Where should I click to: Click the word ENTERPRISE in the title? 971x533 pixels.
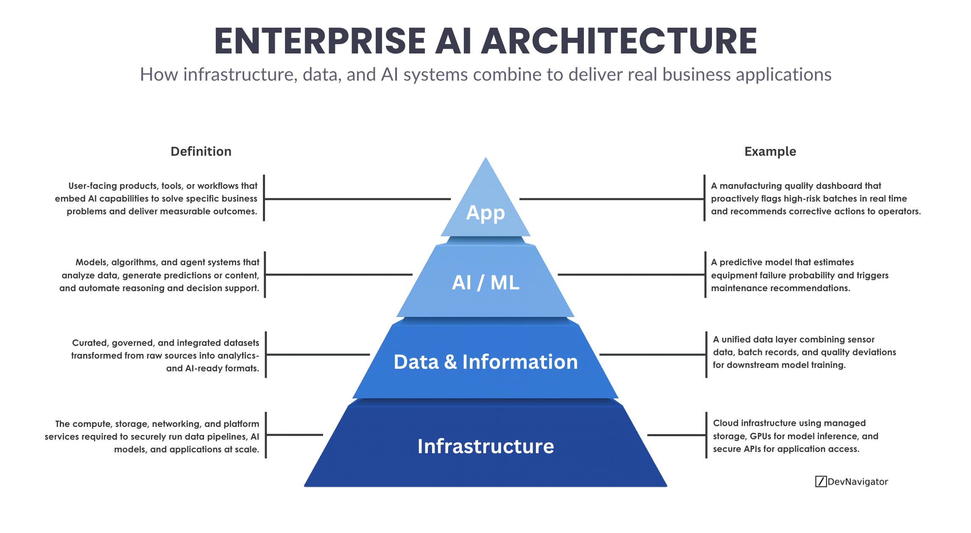(320, 41)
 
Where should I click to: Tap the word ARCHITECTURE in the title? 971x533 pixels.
(619, 41)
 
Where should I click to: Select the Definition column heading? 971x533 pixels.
(201, 151)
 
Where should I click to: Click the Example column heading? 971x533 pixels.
(770, 151)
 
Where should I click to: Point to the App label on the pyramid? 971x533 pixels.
(485, 212)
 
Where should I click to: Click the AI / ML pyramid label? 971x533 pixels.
(485, 283)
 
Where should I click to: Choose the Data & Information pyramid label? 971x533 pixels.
(485, 362)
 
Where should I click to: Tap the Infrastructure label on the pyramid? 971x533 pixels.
(485, 446)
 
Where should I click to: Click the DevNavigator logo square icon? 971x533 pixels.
(820, 482)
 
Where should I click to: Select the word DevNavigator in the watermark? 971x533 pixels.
(857, 482)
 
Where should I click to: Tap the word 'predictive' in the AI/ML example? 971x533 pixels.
(742, 262)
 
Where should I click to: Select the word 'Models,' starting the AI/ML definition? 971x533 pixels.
(91, 262)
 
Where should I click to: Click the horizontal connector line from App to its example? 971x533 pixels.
(611, 199)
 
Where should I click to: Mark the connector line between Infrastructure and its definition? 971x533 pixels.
(295, 435)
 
